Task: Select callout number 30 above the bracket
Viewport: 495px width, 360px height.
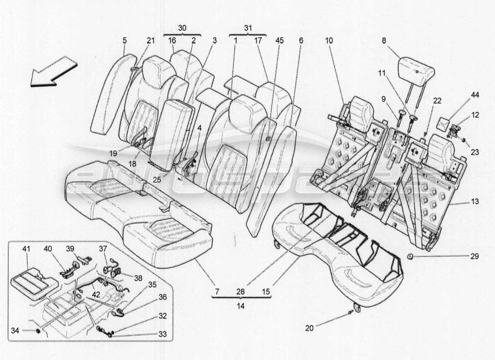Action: click(x=182, y=28)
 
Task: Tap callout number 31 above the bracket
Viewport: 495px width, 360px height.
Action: click(x=247, y=28)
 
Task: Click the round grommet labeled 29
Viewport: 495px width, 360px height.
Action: click(x=411, y=256)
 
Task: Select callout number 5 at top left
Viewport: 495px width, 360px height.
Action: click(x=124, y=40)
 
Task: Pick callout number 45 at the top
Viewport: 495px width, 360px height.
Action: click(x=279, y=40)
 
